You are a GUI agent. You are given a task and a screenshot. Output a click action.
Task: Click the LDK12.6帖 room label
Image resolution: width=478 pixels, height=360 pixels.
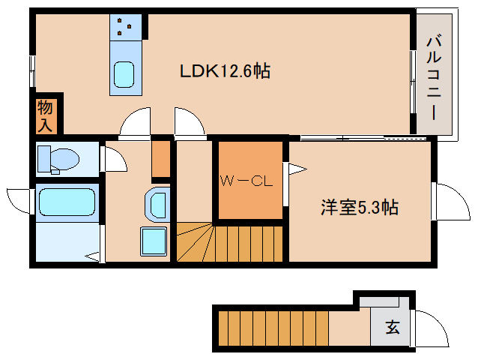tap(224, 72)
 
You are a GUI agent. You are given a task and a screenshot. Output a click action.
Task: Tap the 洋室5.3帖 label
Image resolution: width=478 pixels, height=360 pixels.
tap(359, 208)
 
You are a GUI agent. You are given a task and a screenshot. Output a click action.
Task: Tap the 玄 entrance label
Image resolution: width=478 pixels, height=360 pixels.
tap(392, 327)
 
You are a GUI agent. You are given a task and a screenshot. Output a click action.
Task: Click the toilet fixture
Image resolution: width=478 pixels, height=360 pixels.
tap(58, 159)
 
